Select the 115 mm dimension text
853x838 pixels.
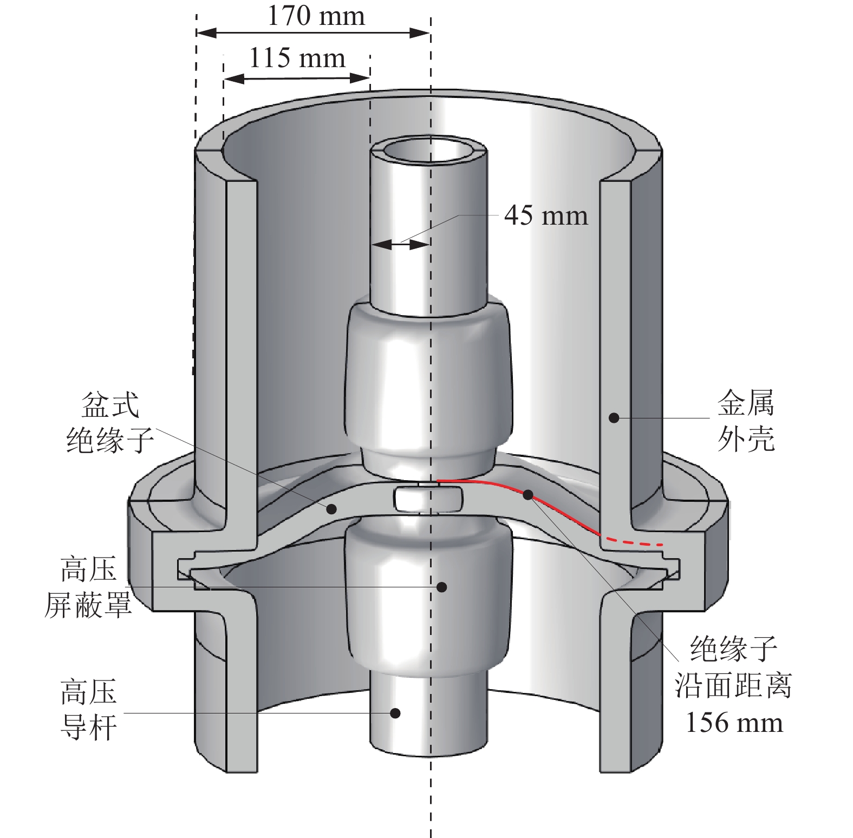[x=297, y=57]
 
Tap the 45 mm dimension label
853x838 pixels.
[x=546, y=215]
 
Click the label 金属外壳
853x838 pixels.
[x=746, y=421]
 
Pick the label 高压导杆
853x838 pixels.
[x=89, y=710]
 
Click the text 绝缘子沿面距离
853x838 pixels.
[x=733, y=666]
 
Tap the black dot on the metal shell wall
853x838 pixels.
[x=614, y=417]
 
